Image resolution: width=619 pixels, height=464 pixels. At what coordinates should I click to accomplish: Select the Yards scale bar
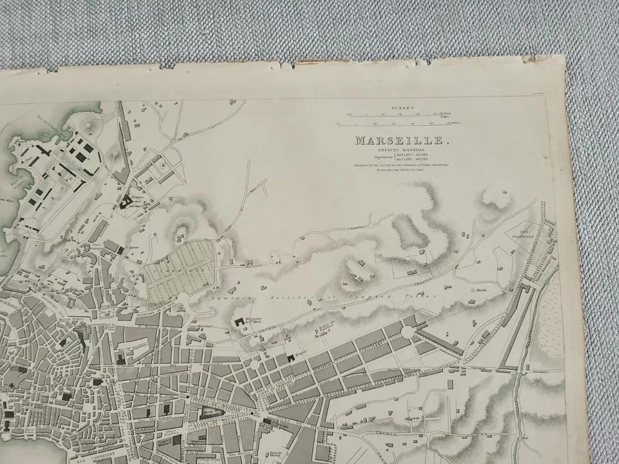393,115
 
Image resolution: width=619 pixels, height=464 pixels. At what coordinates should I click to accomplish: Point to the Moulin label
482,291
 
